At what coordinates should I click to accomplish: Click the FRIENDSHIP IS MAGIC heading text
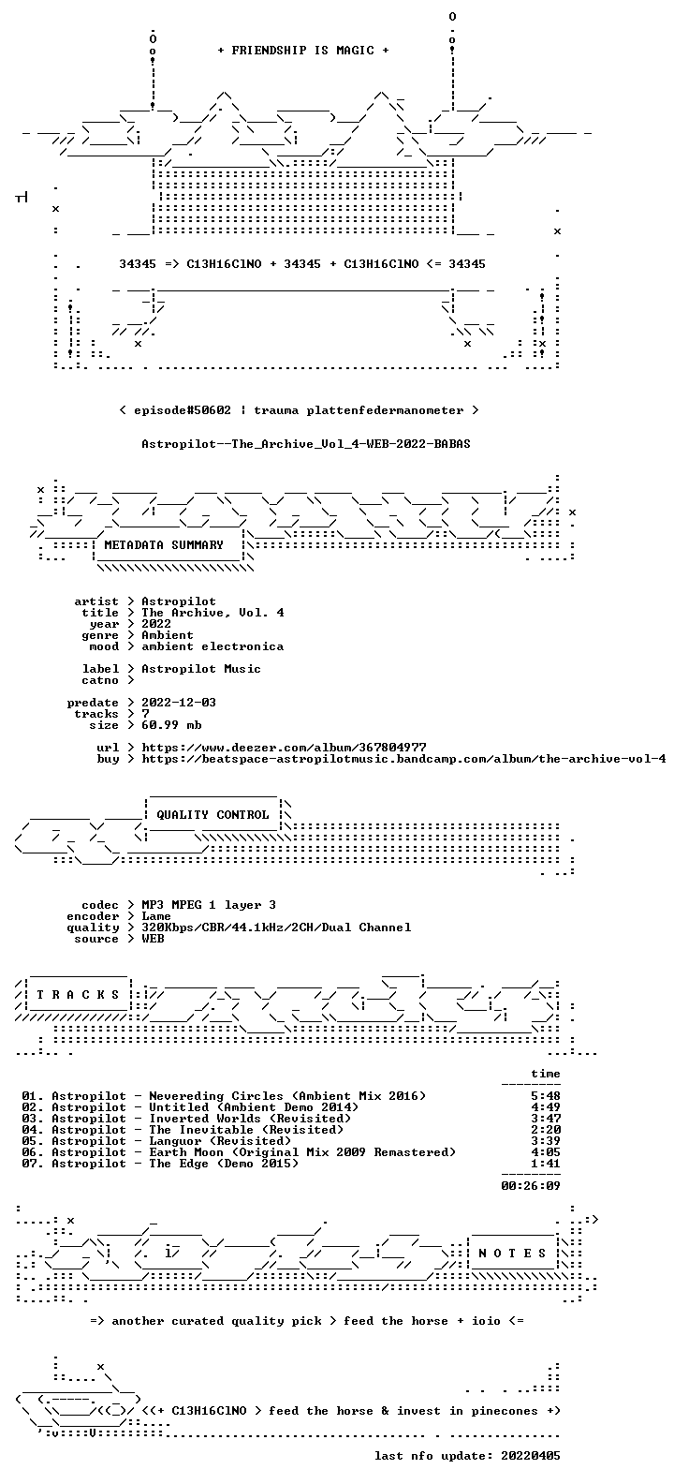click(x=303, y=51)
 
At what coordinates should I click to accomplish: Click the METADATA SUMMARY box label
click(x=164, y=545)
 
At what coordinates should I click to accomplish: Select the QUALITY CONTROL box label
click(x=212, y=815)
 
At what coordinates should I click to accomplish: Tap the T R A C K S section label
click(x=78, y=994)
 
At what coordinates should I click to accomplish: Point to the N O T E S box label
click(x=512, y=1253)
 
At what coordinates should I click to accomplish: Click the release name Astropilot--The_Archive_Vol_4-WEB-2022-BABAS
click(x=306, y=444)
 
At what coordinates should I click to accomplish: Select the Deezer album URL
click(x=284, y=748)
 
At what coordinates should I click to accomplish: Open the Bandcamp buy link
click(x=403, y=759)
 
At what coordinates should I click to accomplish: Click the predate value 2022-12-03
click(x=179, y=703)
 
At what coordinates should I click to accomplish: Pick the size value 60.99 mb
click(x=171, y=725)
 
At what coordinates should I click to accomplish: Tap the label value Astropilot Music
click(x=200, y=669)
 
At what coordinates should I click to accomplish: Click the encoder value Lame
click(x=156, y=916)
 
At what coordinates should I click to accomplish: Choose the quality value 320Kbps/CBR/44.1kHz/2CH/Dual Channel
click(x=276, y=927)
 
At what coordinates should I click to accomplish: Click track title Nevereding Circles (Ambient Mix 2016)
click(x=287, y=1096)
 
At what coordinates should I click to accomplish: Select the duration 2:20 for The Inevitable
click(x=546, y=1130)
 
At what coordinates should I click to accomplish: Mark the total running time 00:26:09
click(x=531, y=1186)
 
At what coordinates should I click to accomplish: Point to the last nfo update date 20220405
click(x=531, y=1456)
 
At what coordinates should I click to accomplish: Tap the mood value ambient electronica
click(x=212, y=646)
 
